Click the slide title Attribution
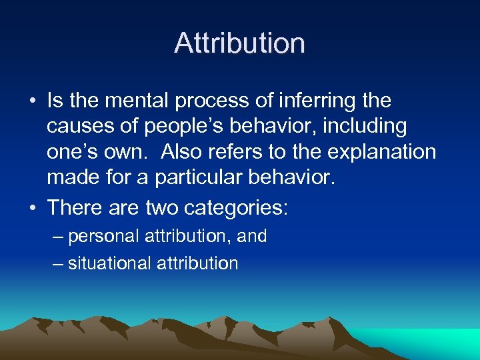coord(240,43)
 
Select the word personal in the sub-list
coord(101,236)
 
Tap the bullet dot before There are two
coord(32,208)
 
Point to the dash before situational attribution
coord(58,263)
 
